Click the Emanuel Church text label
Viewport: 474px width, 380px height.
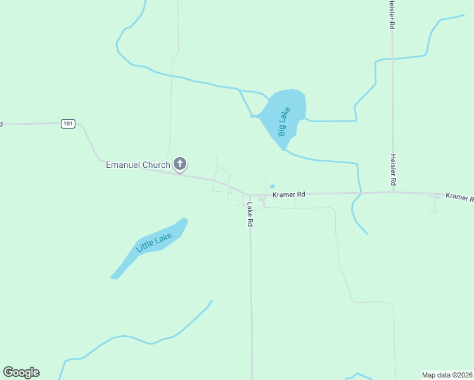pos(138,165)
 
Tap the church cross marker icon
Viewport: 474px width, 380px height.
pos(180,165)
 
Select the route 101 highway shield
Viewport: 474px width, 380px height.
pos(68,123)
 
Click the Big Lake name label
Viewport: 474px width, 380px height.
pos(285,122)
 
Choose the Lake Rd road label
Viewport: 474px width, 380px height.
pos(250,215)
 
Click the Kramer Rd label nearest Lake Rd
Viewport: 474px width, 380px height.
pos(289,194)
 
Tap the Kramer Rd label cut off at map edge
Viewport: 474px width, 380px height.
pos(459,198)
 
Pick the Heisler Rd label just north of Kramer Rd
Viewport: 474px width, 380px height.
pos(393,170)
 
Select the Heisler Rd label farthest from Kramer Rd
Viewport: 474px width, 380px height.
pos(392,15)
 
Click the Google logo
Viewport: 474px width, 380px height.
pos(21,372)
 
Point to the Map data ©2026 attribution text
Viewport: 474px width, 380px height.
pos(447,374)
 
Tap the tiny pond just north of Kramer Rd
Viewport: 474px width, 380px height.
pos(272,186)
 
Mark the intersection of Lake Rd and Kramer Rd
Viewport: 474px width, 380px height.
pos(250,196)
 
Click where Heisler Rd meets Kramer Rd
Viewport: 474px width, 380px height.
pos(393,193)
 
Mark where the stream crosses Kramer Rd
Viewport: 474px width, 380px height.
pos(360,193)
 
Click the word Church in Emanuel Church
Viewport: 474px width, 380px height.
pos(156,165)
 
